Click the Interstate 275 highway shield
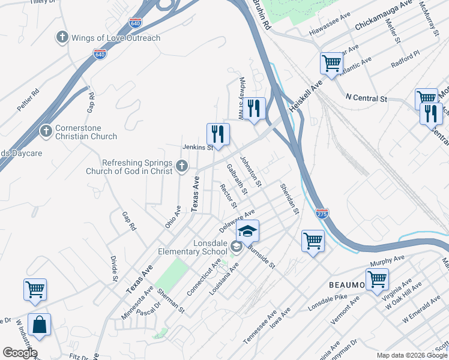(x=322, y=213)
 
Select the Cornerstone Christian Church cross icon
(x=46, y=131)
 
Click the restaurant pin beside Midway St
(x=255, y=109)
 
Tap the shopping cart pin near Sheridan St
(x=313, y=241)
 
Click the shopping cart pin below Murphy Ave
(x=377, y=279)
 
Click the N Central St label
(x=367, y=98)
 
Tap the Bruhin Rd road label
(x=261, y=15)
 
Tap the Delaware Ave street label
(x=237, y=221)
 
